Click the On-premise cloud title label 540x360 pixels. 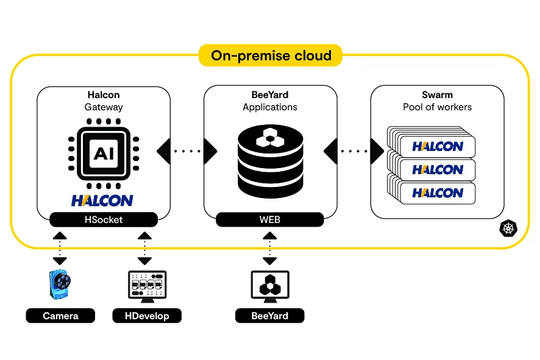[x=271, y=56]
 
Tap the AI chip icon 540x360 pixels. [x=103, y=152]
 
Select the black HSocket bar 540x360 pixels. [x=103, y=219]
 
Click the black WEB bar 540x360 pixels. [x=270, y=219]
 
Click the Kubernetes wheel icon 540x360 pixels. [x=508, y=229]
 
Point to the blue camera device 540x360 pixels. [x=60, y=285]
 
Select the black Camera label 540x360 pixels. [x=60, y=316]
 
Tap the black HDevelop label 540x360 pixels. [x=147, y=316]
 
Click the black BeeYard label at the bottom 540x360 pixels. [x=270, y=316]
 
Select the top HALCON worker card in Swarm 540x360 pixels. [x=437, y=147]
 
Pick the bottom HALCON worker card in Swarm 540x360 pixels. [x=437, y=193]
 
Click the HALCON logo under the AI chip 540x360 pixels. [x=102, y=200]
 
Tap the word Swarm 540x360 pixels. [x=437, y=95]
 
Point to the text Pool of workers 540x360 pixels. [x=437, y=107]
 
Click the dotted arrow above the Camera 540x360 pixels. [x=60, y=247]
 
